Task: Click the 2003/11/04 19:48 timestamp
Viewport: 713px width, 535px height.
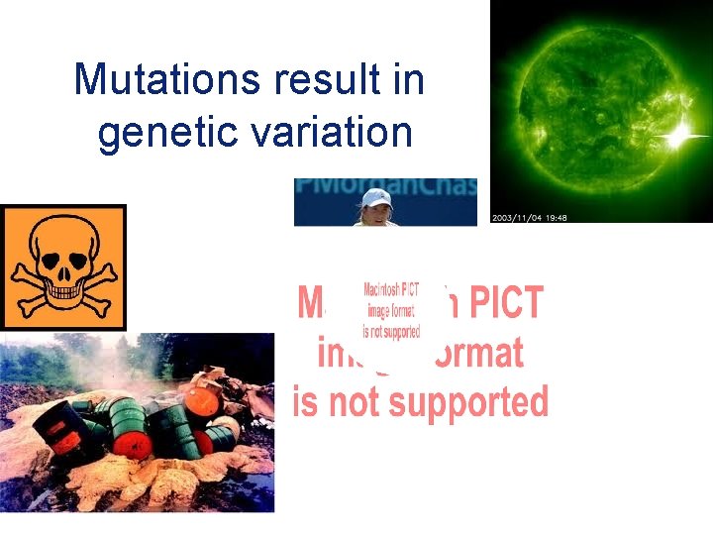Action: (x=535, y=217)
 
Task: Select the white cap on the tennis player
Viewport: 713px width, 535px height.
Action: (x=377, y=197)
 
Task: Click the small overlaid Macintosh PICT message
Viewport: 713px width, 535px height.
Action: (x=391, y=311)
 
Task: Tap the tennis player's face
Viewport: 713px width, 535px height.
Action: (x=377, y=211)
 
